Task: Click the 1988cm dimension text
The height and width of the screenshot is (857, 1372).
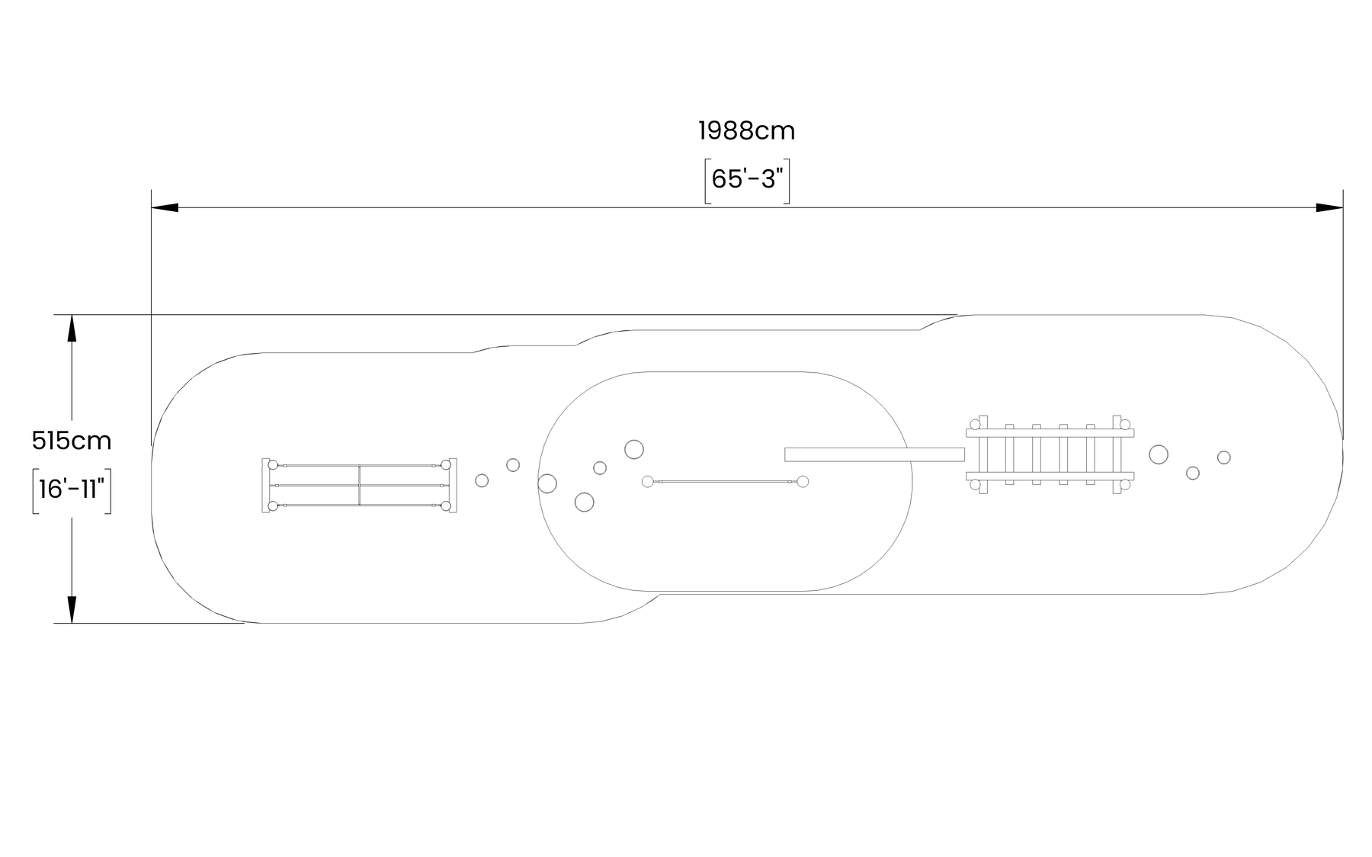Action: click(x=746, y=131)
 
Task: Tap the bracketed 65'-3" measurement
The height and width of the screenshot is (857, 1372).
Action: click(x=747, y=180)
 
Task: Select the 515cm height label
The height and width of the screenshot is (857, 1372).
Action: click(x=72, y=441)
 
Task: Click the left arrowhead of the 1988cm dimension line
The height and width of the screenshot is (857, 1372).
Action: click(x=165, y=207)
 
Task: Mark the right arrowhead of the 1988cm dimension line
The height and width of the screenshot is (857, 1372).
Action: click(x=1329, y=207)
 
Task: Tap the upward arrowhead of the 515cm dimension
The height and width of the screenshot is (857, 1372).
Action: click(x=72, y=328)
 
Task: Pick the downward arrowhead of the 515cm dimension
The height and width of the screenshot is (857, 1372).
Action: click(x=72, y=610)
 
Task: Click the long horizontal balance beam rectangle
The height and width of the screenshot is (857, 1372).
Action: click(x=874, y=454)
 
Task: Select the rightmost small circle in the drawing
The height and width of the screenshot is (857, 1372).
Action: click(x=1223, y=457)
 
